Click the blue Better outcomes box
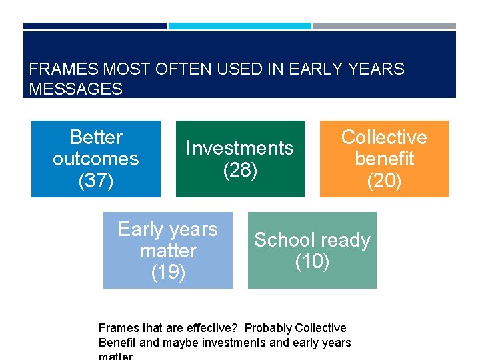[x=95, y=159]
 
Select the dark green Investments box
[x=239, y=159]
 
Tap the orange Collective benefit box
[x=384, y=159]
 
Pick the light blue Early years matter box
[x=167, y=250]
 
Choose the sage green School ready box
[x=312, y=250]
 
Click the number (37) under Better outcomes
[x=95, y=181]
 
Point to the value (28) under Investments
[x=240, y=170]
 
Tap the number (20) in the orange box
[x=384, y=181]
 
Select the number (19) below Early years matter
[x=168, y=272]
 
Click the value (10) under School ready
[x=312, y=262]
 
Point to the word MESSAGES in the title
[x=76, y=89]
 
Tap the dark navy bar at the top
[x=95, y=26]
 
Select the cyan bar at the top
[x=239, y=26]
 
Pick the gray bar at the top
[x=385, y=26]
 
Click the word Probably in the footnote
[x=268, y=328]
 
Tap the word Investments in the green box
[x=239, y=148]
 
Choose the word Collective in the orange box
[x=384, y=137]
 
